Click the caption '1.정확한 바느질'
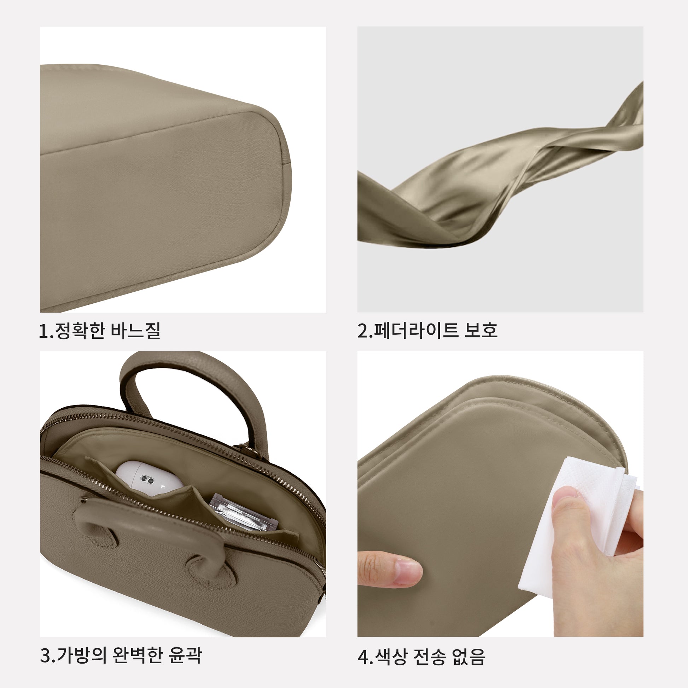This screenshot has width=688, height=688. pos(100,331)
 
